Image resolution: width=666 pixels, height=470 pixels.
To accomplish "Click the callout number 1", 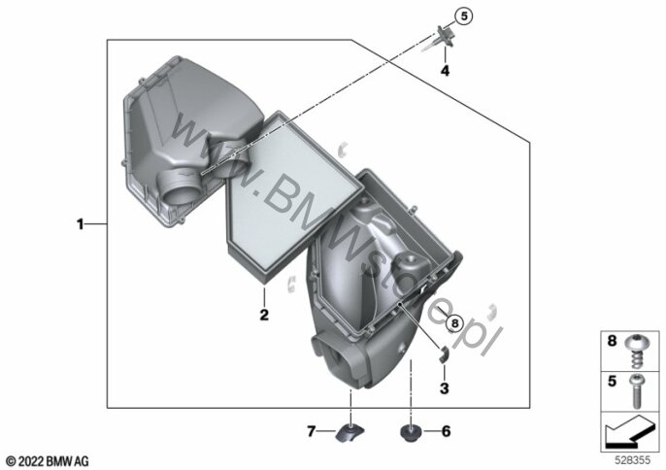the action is [x=80, y=224].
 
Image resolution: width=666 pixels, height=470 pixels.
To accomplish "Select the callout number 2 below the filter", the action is [x=264, y=315].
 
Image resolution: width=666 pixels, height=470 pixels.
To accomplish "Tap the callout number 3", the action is [x=445, y=388].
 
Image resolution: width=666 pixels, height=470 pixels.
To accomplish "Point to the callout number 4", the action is [x=445, y=71].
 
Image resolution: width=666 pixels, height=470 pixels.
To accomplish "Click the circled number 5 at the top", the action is [x=464, y=17].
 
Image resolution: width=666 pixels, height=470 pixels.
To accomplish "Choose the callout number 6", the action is [x=446, y=431].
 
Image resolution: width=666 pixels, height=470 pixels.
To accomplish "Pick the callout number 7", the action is [x=312, y=432].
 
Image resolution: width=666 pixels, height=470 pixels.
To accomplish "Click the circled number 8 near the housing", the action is [x=455, y=323].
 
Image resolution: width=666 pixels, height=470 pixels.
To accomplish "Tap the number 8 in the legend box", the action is [x=612, y=341].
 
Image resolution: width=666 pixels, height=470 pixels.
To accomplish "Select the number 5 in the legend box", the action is [x=612, y=382].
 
